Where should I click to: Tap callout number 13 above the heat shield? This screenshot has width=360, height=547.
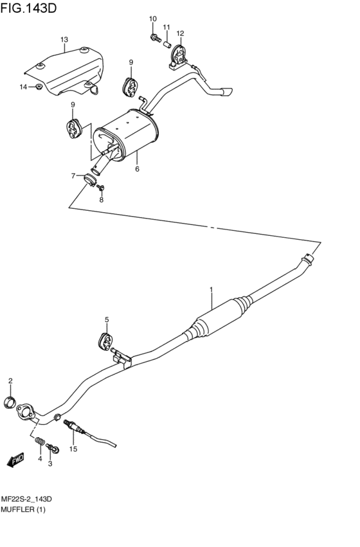tap(64, 40)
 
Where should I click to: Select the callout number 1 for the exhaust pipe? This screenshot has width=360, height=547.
tap(211, 291)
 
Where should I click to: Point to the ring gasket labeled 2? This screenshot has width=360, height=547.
tap(10, 403)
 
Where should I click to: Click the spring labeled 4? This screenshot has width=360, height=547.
tap(40, 442)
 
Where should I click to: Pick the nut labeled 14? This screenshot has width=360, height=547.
tap(39, 87)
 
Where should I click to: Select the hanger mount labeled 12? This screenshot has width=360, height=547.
tap(177, 55)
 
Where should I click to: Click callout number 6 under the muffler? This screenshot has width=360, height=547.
tap(137, 170)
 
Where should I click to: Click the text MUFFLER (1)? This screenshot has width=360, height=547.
tap(22, 509)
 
